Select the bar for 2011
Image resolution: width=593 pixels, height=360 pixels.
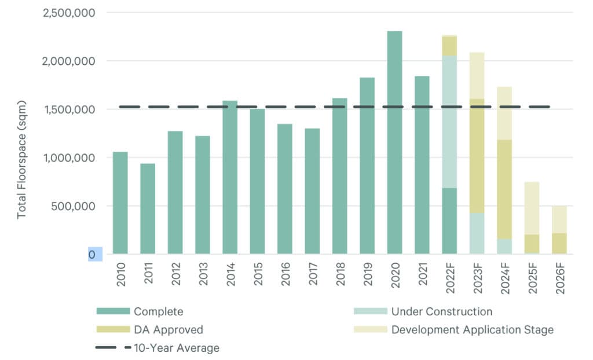[148, 208]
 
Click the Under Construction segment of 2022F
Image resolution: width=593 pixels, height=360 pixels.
[449, 122]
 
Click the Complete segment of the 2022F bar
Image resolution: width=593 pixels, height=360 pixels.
[449, 221]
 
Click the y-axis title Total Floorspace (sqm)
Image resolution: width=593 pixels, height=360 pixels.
[22, 157]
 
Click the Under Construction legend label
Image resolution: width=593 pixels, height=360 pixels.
[442, 312]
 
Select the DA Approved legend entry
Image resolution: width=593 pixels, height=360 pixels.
[168, 330]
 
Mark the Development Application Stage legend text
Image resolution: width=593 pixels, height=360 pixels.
[473, 330]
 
